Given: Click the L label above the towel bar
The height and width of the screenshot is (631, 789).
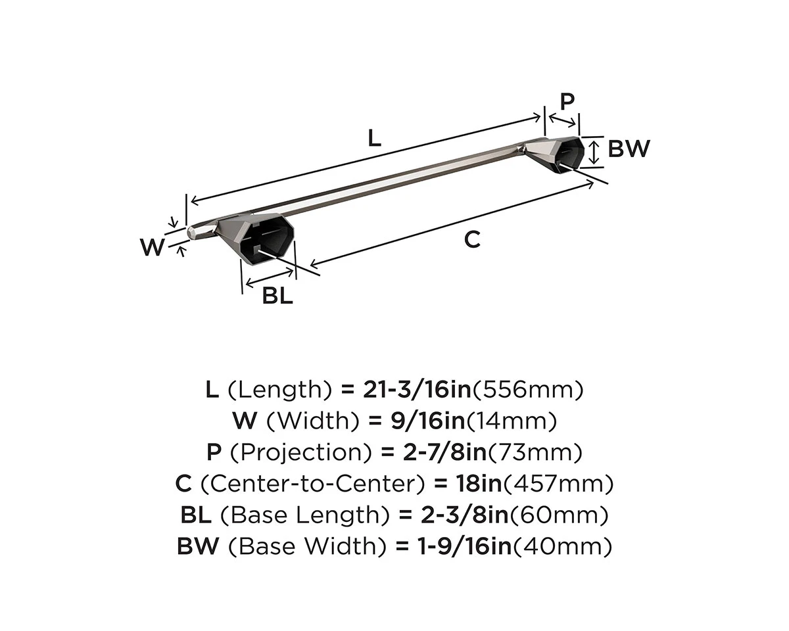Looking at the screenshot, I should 373,137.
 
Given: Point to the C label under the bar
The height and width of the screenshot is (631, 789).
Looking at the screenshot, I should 472,240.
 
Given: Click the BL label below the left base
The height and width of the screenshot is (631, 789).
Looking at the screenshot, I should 277,296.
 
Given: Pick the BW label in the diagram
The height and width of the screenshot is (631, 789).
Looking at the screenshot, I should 628,149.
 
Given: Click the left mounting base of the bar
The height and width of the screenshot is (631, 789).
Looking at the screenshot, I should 266,237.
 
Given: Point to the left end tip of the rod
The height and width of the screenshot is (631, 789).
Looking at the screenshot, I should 191,231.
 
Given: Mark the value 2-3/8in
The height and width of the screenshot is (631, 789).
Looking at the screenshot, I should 454,515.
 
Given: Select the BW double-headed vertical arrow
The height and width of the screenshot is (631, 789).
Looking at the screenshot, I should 594,151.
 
